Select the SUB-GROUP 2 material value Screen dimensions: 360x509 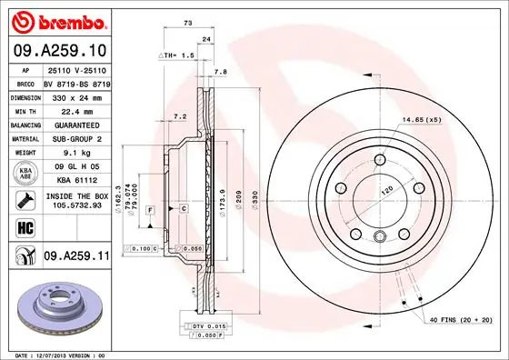[x=76, y=140]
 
